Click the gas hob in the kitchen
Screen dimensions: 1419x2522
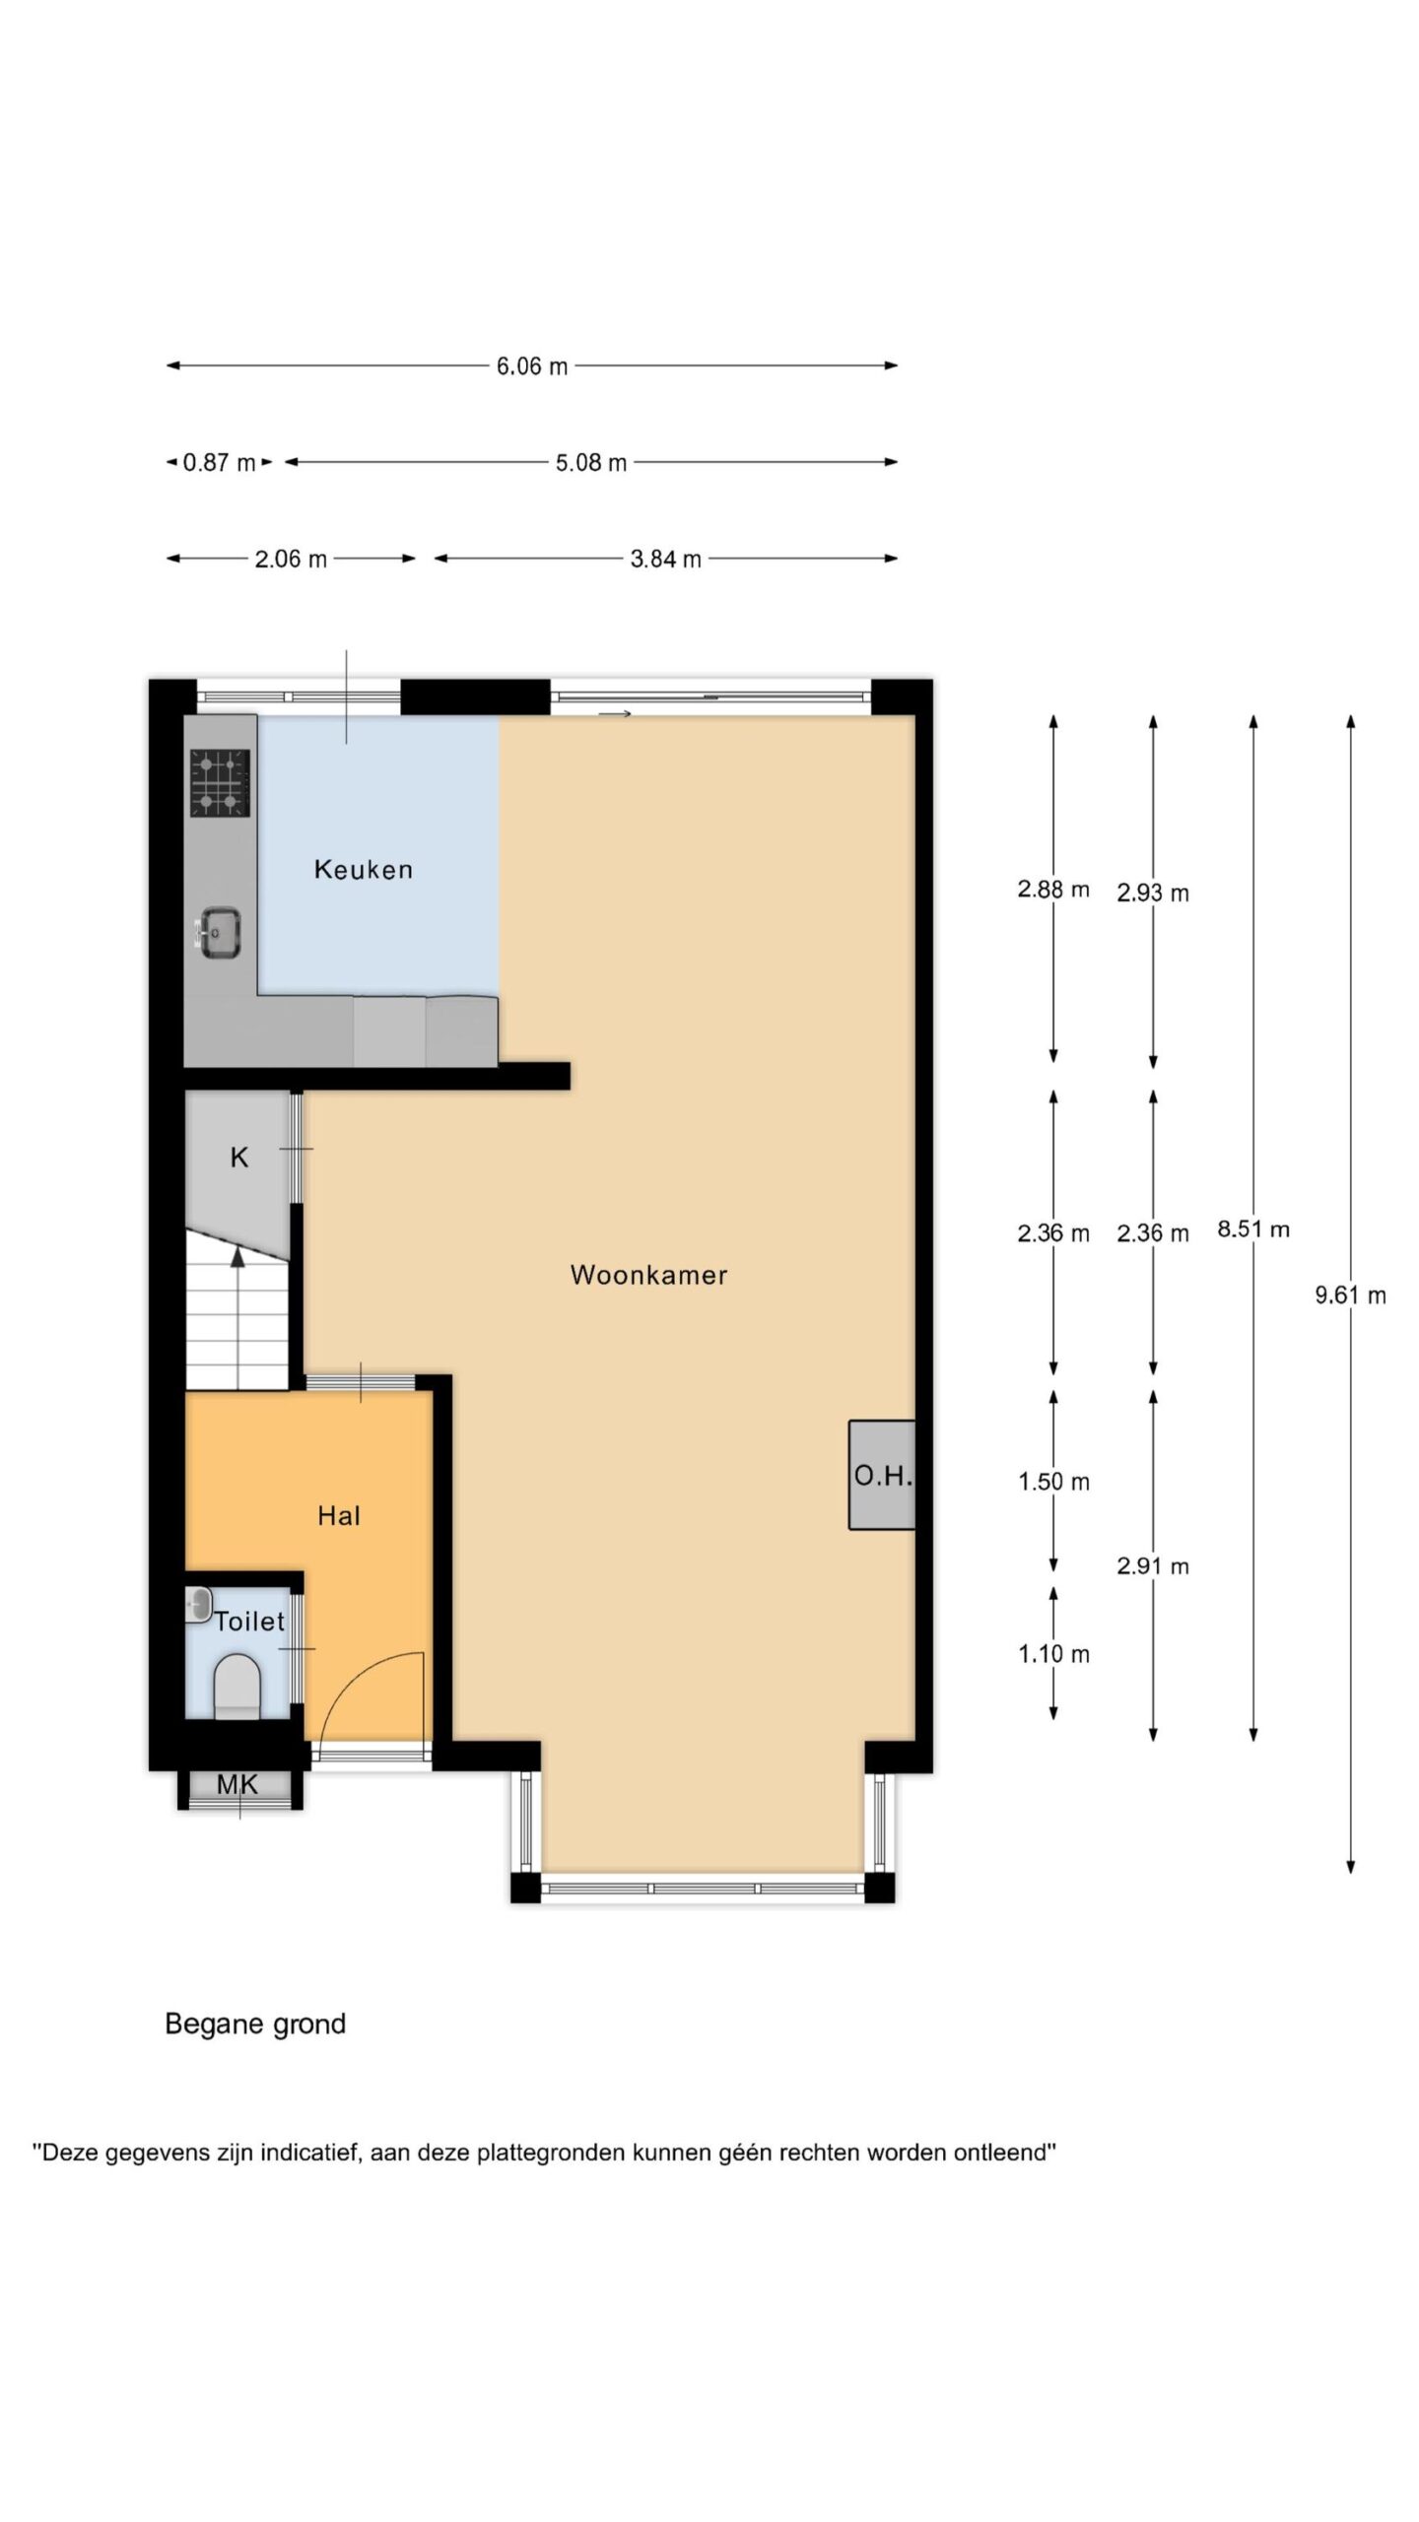coord(220,783)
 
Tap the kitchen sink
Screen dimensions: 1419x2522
coord(219,932)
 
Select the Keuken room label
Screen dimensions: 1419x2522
coord(363,869)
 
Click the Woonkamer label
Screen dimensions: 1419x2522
coord(648,1275)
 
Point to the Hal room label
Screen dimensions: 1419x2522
coord(339,1516)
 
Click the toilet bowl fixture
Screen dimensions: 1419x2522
coord(236,1687)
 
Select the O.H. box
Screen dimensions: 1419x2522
coord(882,1475)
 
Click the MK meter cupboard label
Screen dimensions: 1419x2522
coord(237,1784)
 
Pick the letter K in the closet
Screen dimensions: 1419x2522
coord(238,1158)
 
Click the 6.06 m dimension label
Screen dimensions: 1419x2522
coord(532,366)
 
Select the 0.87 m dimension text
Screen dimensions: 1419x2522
coord(219,463)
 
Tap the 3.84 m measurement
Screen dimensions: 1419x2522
coord(666,560)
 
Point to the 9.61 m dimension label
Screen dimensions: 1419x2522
coord(1350,1295)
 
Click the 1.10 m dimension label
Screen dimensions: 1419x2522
coord(1053,1654)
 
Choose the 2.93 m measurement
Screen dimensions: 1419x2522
coord(1153,894)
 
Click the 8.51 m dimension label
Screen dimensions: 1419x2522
coord(1253,1229)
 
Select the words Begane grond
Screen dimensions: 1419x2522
coord(255,2024)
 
